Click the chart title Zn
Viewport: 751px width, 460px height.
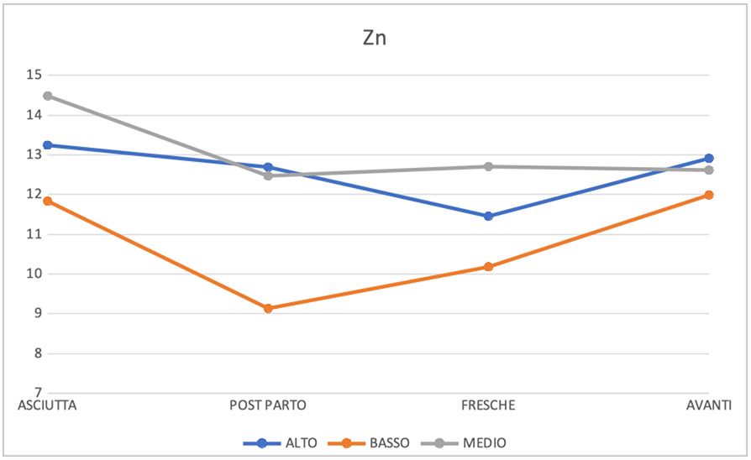(x=375, y=38)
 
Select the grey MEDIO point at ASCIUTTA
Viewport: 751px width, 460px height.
(x=48, y=96)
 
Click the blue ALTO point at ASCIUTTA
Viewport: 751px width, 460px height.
(x=48, y=145)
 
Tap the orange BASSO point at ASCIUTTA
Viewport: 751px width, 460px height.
(x=48, y=201)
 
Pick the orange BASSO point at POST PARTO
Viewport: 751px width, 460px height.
(x=268, y=308)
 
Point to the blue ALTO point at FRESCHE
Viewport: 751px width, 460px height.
(x=488, y=216)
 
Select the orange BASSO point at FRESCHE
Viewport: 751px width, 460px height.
(x=488, y=267)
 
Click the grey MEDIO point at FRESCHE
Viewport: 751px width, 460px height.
(x=488, y=166)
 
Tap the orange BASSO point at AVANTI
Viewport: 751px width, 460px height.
(x=709, y=195)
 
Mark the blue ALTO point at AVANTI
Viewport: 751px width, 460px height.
(x=709, y=158)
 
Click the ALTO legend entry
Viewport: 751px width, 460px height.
(x=281, y=442)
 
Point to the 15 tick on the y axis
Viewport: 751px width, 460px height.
(x=34, y=75)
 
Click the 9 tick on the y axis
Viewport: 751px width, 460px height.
(x=36, y=313)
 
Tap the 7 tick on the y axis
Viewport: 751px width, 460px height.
(x=36, y=392)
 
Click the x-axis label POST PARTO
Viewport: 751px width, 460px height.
(x=268, y=405)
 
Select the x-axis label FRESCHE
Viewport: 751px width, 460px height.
(x=488, y=405)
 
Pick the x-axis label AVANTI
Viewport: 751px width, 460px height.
(x=709, y=405)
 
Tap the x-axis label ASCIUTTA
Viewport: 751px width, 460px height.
(x=48, y=405)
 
